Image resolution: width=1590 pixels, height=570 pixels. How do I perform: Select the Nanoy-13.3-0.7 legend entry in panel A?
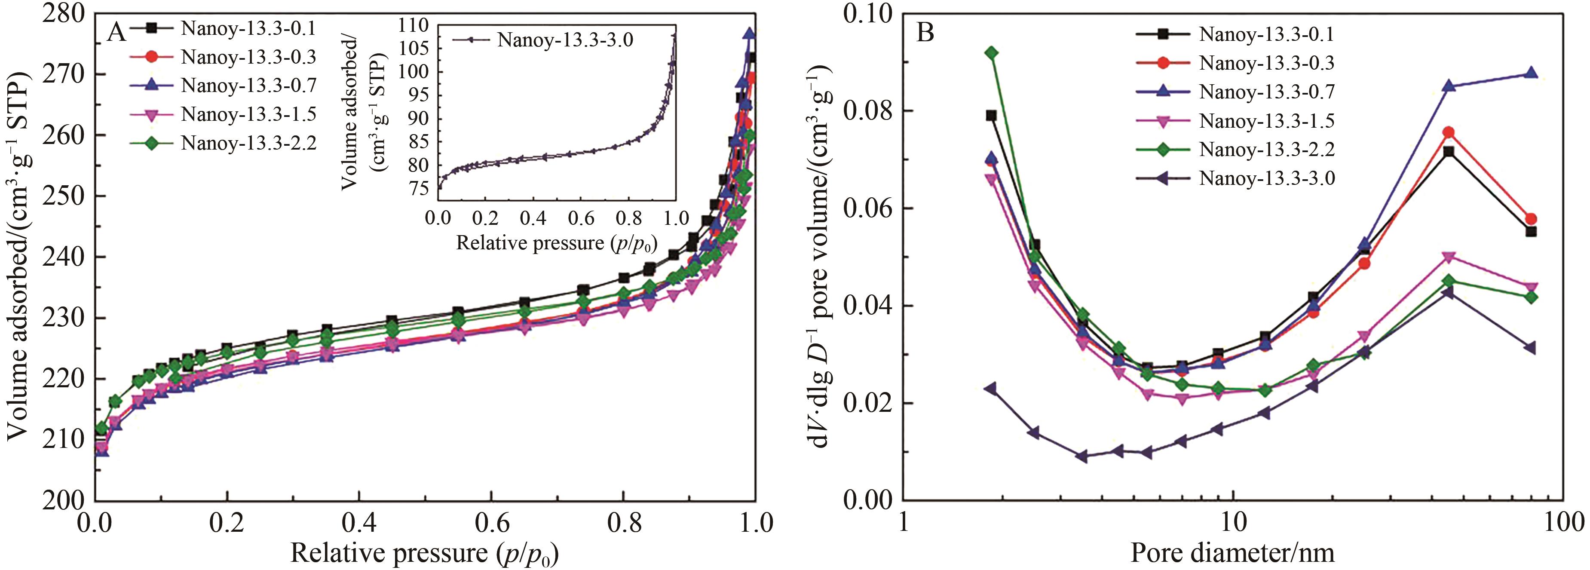coord(248,85)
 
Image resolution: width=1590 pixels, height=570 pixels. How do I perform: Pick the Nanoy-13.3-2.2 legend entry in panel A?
coord(248,143)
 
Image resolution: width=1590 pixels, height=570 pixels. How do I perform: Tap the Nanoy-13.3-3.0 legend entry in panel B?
coord(1267,178)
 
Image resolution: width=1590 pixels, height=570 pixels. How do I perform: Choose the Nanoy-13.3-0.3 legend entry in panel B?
coord(1267,63)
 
